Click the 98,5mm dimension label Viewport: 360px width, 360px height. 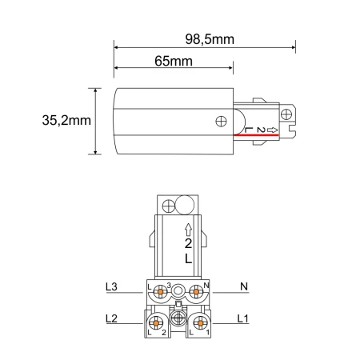(x=210, y=39)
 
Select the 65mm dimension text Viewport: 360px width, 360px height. (x=174, y=62)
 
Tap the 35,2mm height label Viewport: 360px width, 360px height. (x=66, y=120)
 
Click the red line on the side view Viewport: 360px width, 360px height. (x=256, y=135)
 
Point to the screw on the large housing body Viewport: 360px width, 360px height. (x=221, y=122)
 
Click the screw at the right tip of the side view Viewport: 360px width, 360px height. (x=286, y=114)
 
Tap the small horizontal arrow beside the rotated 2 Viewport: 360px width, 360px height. (x=272, y=130)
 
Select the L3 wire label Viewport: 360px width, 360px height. (x=111, y=287)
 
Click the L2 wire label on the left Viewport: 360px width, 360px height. (x=111, y=318)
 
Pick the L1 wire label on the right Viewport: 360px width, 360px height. (x=243, y=318)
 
